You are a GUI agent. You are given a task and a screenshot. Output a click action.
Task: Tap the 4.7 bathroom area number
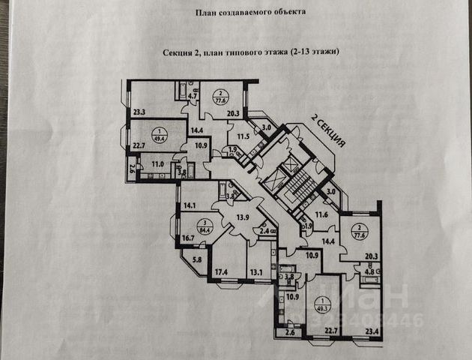pos(193,96)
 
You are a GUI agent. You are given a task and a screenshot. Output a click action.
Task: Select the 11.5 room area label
pos(243,137)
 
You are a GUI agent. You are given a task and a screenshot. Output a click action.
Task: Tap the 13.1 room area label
pos(257,271)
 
